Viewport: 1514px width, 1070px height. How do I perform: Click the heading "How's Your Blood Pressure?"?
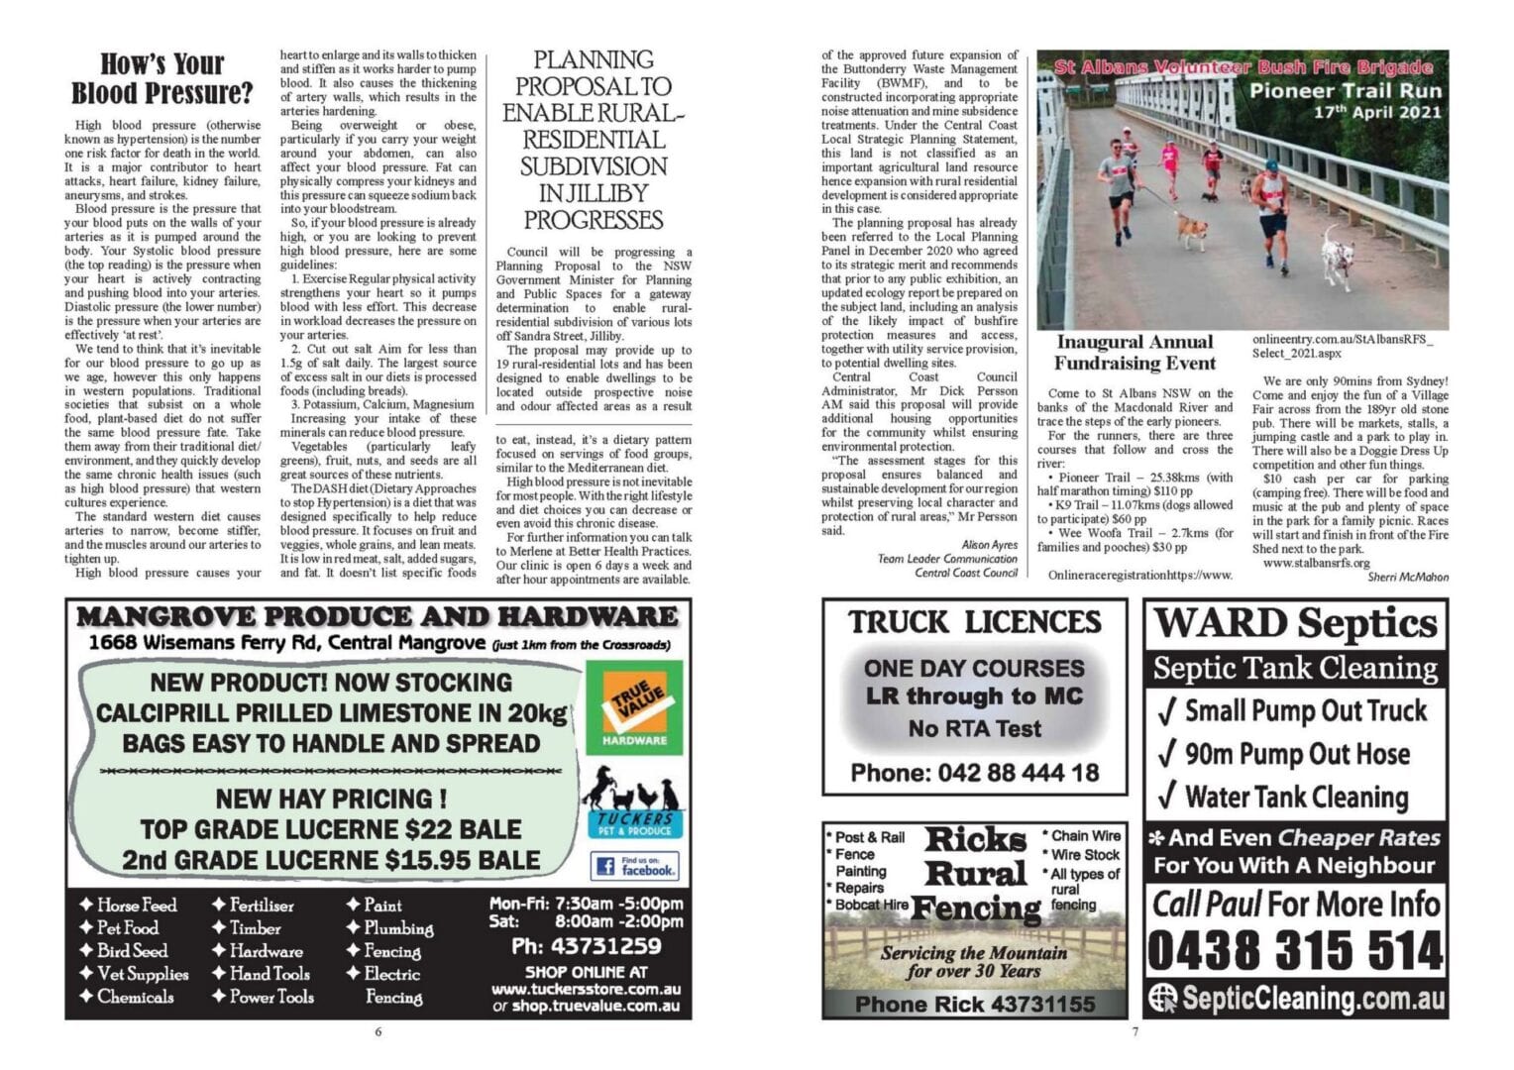162,79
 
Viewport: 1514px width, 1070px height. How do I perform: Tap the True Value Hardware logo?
634,706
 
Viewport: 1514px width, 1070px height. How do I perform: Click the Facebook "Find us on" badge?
634,866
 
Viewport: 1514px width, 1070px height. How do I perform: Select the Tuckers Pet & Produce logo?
634,803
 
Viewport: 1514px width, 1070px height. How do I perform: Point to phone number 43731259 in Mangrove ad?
586,946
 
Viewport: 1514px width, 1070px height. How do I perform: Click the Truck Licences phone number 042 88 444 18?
974,773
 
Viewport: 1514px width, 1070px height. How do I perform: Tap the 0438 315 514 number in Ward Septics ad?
1295,951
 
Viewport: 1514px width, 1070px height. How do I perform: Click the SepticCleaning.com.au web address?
1295,998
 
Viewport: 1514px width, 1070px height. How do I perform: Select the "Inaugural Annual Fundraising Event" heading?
1134,353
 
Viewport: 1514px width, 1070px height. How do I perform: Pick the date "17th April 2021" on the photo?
1377,112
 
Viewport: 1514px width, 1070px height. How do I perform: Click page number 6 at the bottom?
378,1031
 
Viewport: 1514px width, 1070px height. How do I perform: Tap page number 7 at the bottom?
1135,1031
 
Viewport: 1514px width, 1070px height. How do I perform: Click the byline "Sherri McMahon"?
1407,577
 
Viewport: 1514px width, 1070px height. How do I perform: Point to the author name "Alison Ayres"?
989,545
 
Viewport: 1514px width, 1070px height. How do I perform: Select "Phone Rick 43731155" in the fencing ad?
975,1005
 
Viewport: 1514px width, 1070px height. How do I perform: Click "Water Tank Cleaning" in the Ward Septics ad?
1295,797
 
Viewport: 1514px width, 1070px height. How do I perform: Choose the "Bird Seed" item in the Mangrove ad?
132,951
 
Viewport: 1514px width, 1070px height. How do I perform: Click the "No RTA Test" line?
974,729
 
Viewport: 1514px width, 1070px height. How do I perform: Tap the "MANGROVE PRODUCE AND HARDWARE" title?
378,617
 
